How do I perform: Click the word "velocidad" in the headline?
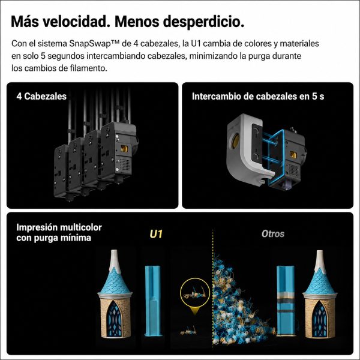(75, 22)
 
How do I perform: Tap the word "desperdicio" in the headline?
(203, 22)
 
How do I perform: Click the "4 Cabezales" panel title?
(41, 97)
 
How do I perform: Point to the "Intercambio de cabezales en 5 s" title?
(258, 97)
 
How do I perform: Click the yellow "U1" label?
(156, 234)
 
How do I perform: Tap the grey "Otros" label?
(273, 234)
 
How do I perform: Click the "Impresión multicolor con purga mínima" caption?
(59, 232)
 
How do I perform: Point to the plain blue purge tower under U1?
(152, 301)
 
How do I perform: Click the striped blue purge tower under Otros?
(286, 301)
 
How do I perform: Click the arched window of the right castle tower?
(319, 319)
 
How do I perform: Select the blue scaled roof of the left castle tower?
(115, 281)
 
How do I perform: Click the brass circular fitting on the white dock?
(235, 141)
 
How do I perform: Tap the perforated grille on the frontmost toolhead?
(125, 164)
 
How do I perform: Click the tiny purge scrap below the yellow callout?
(188, 331)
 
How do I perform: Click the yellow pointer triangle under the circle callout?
(195, 311)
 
